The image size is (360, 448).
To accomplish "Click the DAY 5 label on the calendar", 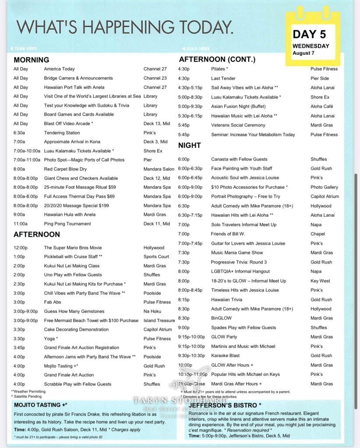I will tap(311, 34).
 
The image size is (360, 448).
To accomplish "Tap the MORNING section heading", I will tap(31, 60).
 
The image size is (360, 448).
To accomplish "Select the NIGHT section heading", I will tap(189, 145).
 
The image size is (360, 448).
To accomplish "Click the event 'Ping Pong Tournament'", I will tap(67, 224).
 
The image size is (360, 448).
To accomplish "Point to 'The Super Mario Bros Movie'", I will tap(73, 248).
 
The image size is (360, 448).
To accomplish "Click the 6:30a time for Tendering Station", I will tap(19, 133).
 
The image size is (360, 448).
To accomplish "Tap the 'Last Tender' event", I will tap(223, 78).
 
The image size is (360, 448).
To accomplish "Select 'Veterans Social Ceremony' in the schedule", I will tap(238, 125).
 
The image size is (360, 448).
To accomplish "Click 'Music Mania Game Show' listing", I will tap(237, 252).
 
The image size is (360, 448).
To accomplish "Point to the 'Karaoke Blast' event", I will tap(225, 356).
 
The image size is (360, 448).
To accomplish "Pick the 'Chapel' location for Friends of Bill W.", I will tap(318, 234).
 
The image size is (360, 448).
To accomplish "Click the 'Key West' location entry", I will tap(320, 281).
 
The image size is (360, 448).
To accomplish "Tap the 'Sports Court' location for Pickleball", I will tap(156, 257).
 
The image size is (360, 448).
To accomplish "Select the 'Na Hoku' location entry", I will tap(152, 311).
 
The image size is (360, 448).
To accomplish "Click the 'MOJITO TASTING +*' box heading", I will tap(40, 405).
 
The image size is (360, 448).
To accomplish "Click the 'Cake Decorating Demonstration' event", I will tap(76, 329).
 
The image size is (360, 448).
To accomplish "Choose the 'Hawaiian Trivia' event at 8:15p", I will tap(226, 300).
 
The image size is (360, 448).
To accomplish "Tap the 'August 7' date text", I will tap(304, 53).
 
